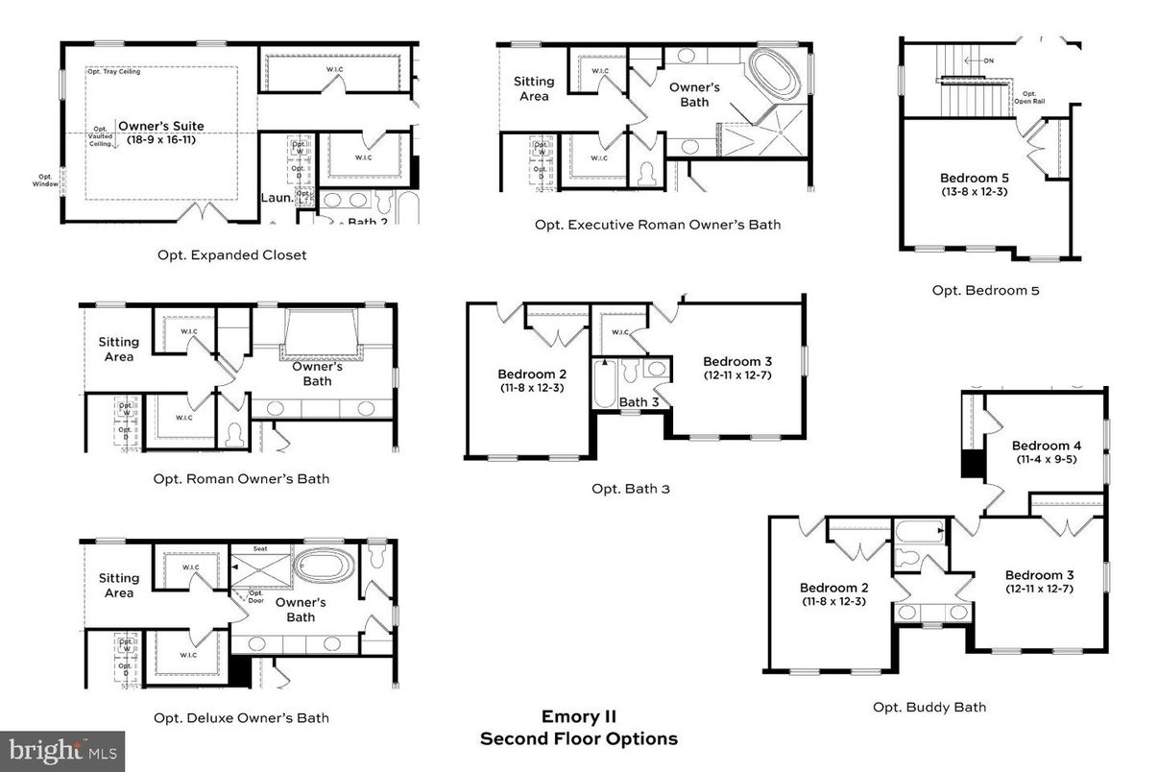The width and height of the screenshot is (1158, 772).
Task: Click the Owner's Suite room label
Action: click(160, 126)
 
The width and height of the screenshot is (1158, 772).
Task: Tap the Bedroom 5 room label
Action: click(974, 178)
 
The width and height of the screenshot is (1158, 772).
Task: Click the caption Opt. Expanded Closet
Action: click(231, 255)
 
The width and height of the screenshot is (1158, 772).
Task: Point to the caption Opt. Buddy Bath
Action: click(929, 707)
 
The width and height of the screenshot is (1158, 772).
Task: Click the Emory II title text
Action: click(578, 716)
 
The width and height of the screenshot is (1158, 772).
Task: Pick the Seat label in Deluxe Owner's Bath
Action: click(259, 549)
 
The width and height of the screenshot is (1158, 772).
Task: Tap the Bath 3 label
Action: click(639, 401)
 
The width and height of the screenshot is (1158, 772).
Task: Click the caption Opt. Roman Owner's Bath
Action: click(241, 478)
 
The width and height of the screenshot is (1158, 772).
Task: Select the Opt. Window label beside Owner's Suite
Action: click(45, 181)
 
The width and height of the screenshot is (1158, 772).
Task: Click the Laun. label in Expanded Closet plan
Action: click(277, 199)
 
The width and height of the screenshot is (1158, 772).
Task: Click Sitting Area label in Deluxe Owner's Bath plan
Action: click(119, 586)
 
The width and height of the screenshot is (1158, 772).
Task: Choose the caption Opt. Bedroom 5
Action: click(985, 290)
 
